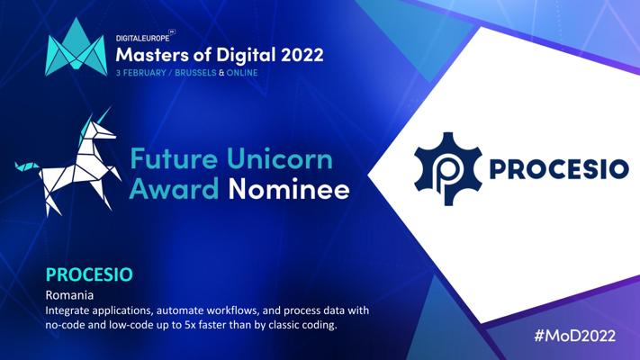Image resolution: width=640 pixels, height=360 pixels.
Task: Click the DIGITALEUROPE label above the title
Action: (x=142, y=38)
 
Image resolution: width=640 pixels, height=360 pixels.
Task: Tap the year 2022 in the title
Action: (x=302, y=55)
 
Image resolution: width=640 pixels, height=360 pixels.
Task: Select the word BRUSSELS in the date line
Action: (x=195, y=73)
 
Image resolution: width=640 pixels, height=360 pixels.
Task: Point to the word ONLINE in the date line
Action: (x=242, y=73)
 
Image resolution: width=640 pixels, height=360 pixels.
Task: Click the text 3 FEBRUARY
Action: (x=140, y=73)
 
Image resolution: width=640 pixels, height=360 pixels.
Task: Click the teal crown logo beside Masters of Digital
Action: (x=76, y=47)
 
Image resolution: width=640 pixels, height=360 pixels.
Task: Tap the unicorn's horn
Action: (x=104, y=114)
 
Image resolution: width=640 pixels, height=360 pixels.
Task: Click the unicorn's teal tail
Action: (x=26, y=166)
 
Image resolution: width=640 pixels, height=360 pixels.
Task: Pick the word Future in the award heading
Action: (x=174, y=159)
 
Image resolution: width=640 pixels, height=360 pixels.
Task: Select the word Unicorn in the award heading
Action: (x=280, y=159)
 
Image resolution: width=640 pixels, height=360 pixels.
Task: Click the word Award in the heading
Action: (x=175, y=189)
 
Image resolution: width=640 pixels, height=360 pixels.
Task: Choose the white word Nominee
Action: (x=289, y=189)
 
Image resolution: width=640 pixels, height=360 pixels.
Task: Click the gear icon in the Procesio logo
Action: (x=447, y=168)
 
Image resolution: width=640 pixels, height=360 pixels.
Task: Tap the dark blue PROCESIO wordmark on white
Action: (x=559, y=169)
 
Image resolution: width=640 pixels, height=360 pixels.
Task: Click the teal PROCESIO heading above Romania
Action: (x=89, y=274)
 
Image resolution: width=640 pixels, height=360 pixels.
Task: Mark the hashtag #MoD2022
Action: (x=575, y=336)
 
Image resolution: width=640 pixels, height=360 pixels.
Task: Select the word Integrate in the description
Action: (x=68, y=311)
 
